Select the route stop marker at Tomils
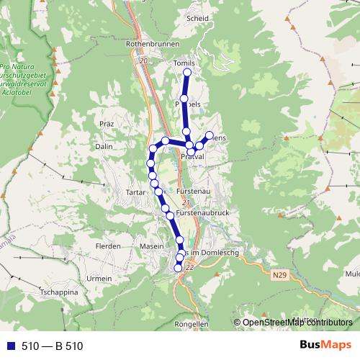click(187, 73)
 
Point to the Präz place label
click(108, 124)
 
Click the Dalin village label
click(104, 146)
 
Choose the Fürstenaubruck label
click(201, 215)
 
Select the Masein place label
click(152, 246)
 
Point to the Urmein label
click(99, 278)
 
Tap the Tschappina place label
click(59, 293)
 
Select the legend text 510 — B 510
click(52, 346)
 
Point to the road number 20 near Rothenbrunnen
click(144, 61)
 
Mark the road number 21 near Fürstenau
click(166, 204)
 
